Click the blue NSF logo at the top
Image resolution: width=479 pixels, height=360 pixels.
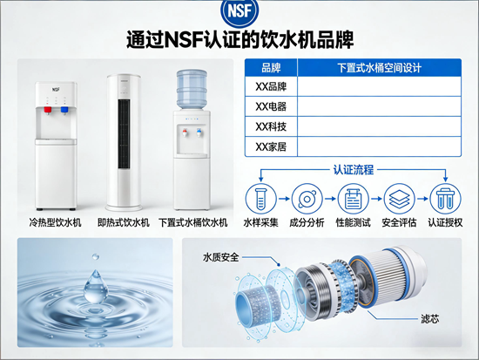239,11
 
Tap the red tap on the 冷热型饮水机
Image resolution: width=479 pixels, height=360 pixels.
48,110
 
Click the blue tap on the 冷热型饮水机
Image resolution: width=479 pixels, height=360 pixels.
64,110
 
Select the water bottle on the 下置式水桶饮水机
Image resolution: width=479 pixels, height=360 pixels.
192,89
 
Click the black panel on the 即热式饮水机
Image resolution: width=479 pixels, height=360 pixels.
124,133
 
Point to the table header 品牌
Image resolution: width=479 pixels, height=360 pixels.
271,68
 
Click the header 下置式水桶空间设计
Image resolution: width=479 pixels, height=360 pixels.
379,68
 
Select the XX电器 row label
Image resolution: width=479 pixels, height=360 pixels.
271,106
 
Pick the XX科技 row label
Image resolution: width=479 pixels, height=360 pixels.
271,126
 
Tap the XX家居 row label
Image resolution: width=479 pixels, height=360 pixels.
271,146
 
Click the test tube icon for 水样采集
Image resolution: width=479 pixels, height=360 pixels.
261,199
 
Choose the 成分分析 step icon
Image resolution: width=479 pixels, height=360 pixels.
307,199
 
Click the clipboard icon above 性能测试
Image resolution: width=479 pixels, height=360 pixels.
353,199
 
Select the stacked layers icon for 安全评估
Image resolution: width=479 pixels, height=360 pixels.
399,199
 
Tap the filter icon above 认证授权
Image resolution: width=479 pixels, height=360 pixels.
445,199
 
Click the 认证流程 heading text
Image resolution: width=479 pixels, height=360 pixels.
353,170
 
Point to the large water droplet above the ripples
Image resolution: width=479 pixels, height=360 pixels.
96,287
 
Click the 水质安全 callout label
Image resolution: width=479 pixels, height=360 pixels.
220,257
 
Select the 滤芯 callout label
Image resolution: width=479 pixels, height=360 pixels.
430,319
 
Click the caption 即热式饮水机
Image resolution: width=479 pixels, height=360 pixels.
124,222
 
